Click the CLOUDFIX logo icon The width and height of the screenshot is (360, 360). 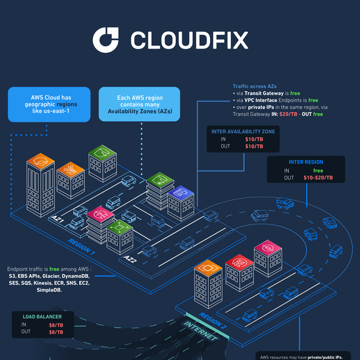tap(107, 40)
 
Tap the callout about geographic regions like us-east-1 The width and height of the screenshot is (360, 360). tap(49, 104)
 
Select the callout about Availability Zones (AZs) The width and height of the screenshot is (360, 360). tap(139, 104)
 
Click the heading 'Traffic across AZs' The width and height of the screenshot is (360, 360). tap(255, 87)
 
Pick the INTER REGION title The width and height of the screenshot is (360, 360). tap(305, 162)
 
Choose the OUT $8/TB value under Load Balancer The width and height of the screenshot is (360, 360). tap(56, 332)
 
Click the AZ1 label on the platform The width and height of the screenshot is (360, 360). tap(58, 220)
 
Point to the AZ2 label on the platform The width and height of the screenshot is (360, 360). tap(130, 259)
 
